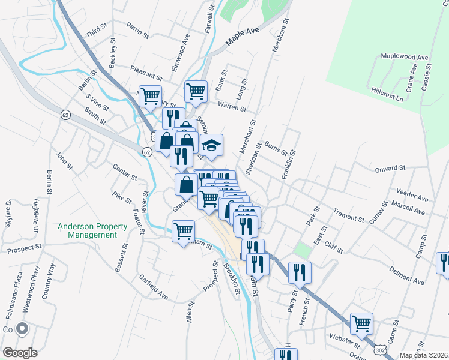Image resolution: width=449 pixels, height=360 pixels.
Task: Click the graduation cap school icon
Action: pos(211,145)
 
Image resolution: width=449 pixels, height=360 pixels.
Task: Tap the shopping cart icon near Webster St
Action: pos(361,323)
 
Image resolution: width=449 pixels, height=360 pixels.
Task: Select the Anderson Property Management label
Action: pos(92,230)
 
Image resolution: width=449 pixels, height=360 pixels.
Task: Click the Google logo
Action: pos(20,353)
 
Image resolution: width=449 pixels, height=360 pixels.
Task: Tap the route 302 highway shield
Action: pos(379,349)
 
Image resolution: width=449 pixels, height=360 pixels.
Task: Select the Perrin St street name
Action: pos(137,31)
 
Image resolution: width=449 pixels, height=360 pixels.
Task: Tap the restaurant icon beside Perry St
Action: pos(299,272)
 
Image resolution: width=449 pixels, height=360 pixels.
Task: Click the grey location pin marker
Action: pos(23,329)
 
